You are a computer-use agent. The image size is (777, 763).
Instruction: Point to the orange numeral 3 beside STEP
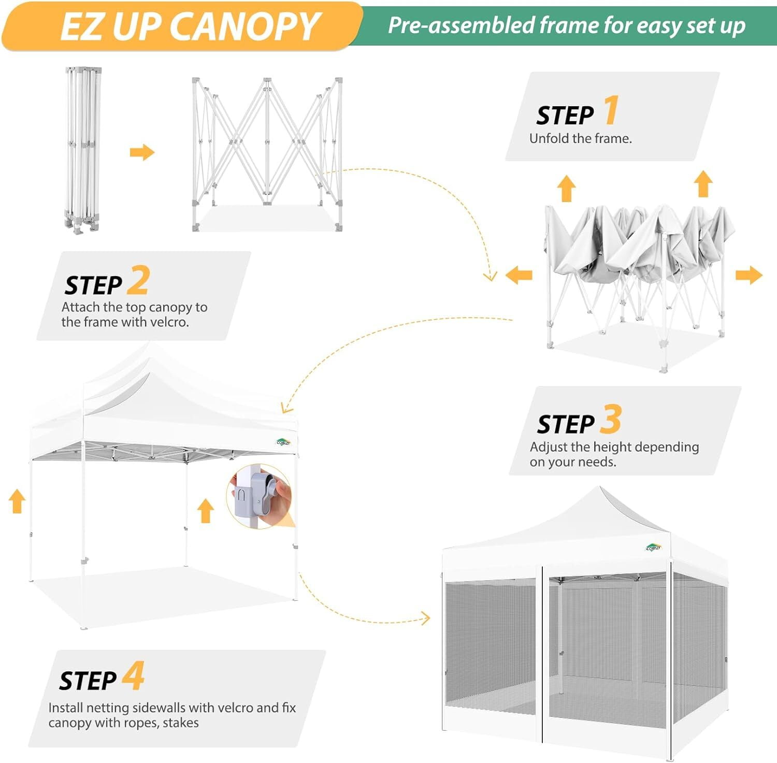tap(611, 419)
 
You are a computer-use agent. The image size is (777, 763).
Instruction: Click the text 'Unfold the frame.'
tap(580, 139)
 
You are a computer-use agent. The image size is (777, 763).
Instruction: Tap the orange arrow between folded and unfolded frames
tap(142, 152)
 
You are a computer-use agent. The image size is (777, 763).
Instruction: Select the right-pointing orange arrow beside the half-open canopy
tap(749, 275)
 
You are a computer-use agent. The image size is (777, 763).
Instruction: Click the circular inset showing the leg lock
tap(261, 496)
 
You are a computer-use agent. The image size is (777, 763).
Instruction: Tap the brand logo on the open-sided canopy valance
tap(283, 442)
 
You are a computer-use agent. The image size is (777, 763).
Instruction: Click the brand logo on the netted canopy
tap(654, 548)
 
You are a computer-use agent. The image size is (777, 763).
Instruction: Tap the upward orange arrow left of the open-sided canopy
tap(17, 501)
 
